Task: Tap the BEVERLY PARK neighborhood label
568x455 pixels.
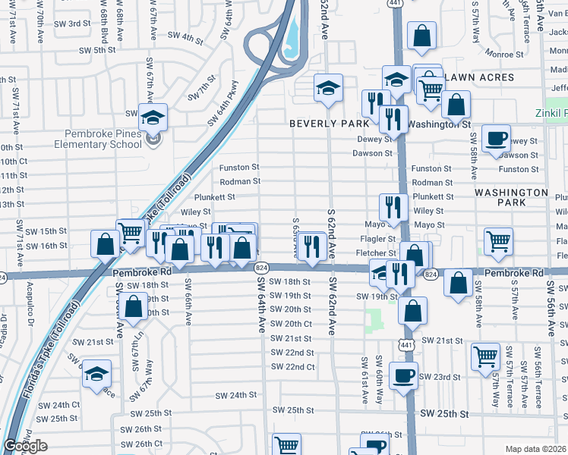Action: pyautogui.click(x=328, y=122)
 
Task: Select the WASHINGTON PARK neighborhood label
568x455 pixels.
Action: pyautogui.click(x=510, y=198)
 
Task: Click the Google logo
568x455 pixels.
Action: pyautogui.click(x=25, y=446)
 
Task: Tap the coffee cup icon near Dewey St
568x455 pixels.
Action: pyautogui.click(x=497, y=139)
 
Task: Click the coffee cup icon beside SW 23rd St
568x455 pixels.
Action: pyautogui.click(x=403, y=375)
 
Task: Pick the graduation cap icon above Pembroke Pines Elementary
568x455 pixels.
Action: pyautogui.click(x=153, y=118)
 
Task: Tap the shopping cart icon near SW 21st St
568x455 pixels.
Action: pyautogui.click(x=485, y=355)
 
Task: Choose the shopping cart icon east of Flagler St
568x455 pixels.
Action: pyautogui.click(x=498, y=242)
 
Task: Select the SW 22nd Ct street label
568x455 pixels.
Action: pyautogui.click(x=292, y=367)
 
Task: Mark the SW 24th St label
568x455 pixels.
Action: pyautogui.click(x=236, y=395)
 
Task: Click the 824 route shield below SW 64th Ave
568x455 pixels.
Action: pyautogui.click(x=260, y=268)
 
